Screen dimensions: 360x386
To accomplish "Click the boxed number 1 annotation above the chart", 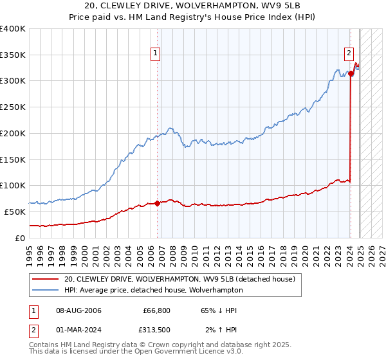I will (x=156, y=54).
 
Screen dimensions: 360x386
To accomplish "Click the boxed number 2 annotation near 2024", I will (x=348, y=54).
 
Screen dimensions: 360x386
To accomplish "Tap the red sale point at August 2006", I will (x=157, y=203).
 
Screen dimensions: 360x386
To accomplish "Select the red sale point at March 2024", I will (x=351, y=73).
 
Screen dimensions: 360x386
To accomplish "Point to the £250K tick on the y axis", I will (x=14, y=107).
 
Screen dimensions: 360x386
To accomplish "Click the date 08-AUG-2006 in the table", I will (x=78, y=310).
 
